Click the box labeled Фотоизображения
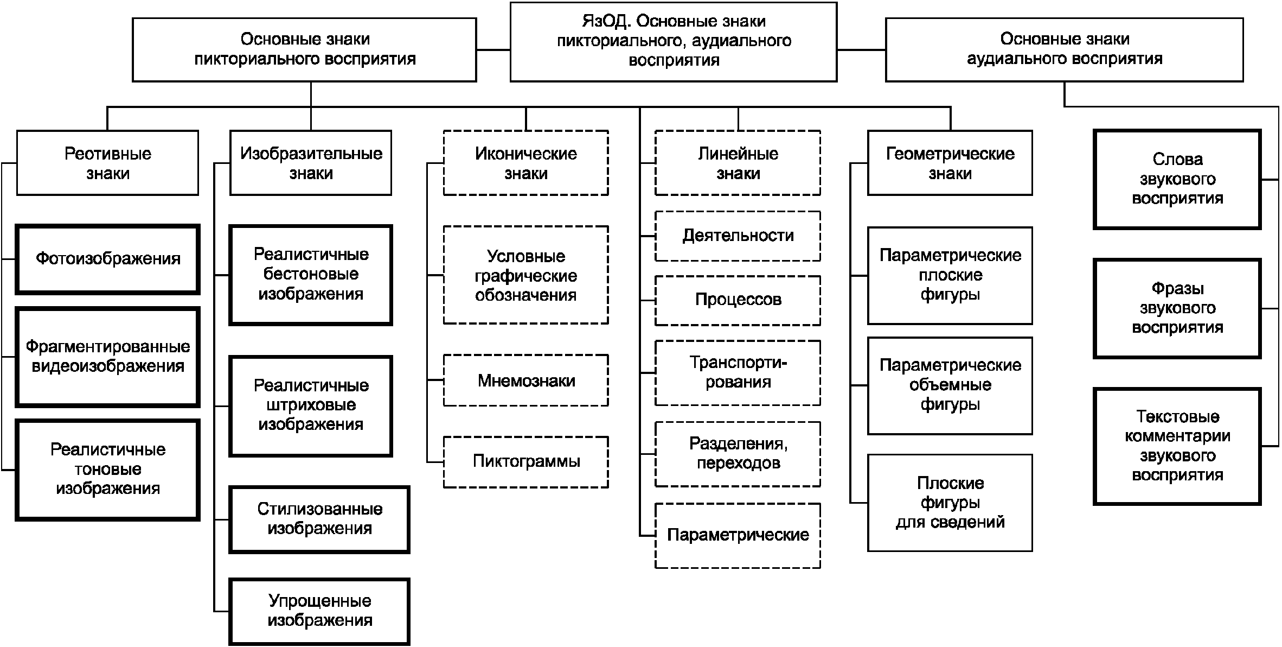pyautogui.click(x=107, y=259)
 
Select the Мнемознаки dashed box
pyautogui.click(x=525, y=380)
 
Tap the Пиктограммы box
pyautogui.click(x=525, y=462)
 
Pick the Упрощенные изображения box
pyautogui.click(x=319, y=611)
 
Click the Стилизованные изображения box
pyautogui.click(x=319, y=519)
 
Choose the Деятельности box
pyautogui.click(x=738, y=236)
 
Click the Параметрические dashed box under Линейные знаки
pyautogui.click(x=738, y=536)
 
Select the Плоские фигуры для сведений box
pyautogui.click(x=950, y=503)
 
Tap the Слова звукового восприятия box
pyautogui.click(x=1177, y=179)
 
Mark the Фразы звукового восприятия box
pyautogui.click(x=1177, y=308)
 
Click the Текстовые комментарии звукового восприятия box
pyautogui.click(x=1177, y=446)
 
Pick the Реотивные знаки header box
pyautogui.click(x=107, y=163)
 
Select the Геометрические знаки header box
pyautogui.click(x=950, y=163)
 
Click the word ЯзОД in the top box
pyautogui.click(x=605, y=22)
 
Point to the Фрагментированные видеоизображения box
pyautogui.click(x=107, y=357)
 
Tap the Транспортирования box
pyautogui.click(x=738, y=373)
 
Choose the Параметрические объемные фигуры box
pyautogui.click(x=950, y=386)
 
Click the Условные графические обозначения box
pyautogui.click(x=525, y=275)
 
